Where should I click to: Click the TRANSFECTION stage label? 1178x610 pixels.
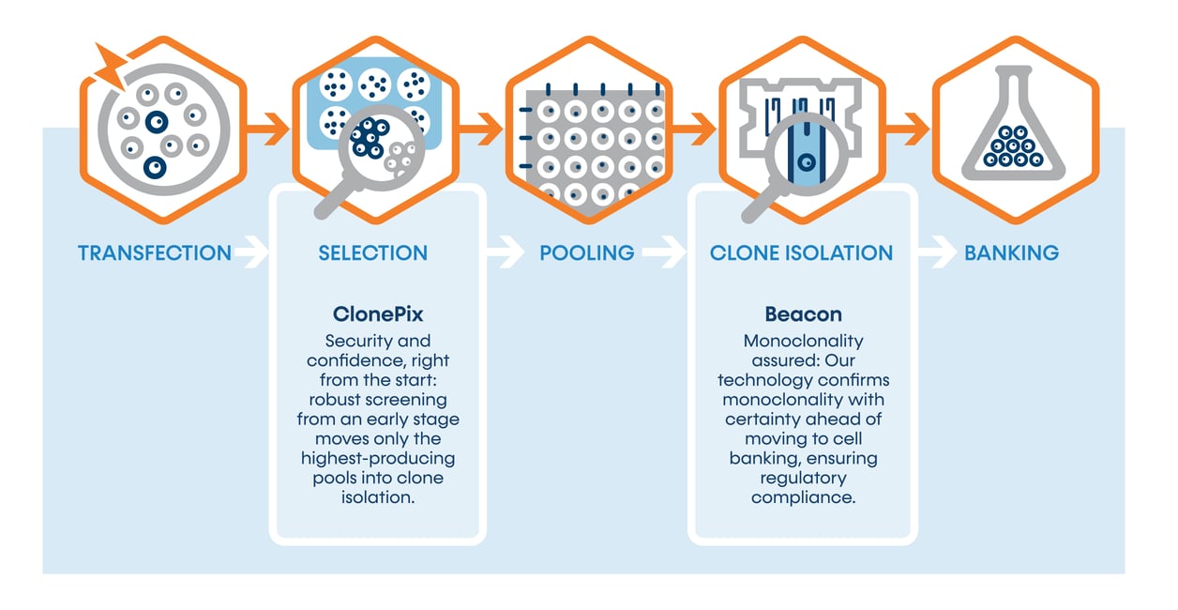click(x=155, y=252)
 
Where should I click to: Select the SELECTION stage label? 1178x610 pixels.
click(x=372, y=252)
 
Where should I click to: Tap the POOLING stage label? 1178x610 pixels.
click(x=586, y=252)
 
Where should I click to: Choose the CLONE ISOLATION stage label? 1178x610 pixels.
click(x=801, y=252)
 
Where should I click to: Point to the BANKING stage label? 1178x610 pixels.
click(x=1011, y=252)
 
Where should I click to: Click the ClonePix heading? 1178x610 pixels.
click(x=378, y=313)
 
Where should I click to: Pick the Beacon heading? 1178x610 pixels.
click(x=802, y=313)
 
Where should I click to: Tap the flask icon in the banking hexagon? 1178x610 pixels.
click(x=1013, y=122)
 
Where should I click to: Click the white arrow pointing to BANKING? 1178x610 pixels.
click(x=936, y=252)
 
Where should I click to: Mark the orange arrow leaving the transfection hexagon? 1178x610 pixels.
click(x=270, y=129)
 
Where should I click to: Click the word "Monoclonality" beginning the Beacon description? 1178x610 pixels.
click(x=803, y=341)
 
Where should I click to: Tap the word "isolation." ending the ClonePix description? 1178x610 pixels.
click(x=378, y=497)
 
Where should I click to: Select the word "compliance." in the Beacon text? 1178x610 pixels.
click(x=803, y=497)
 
